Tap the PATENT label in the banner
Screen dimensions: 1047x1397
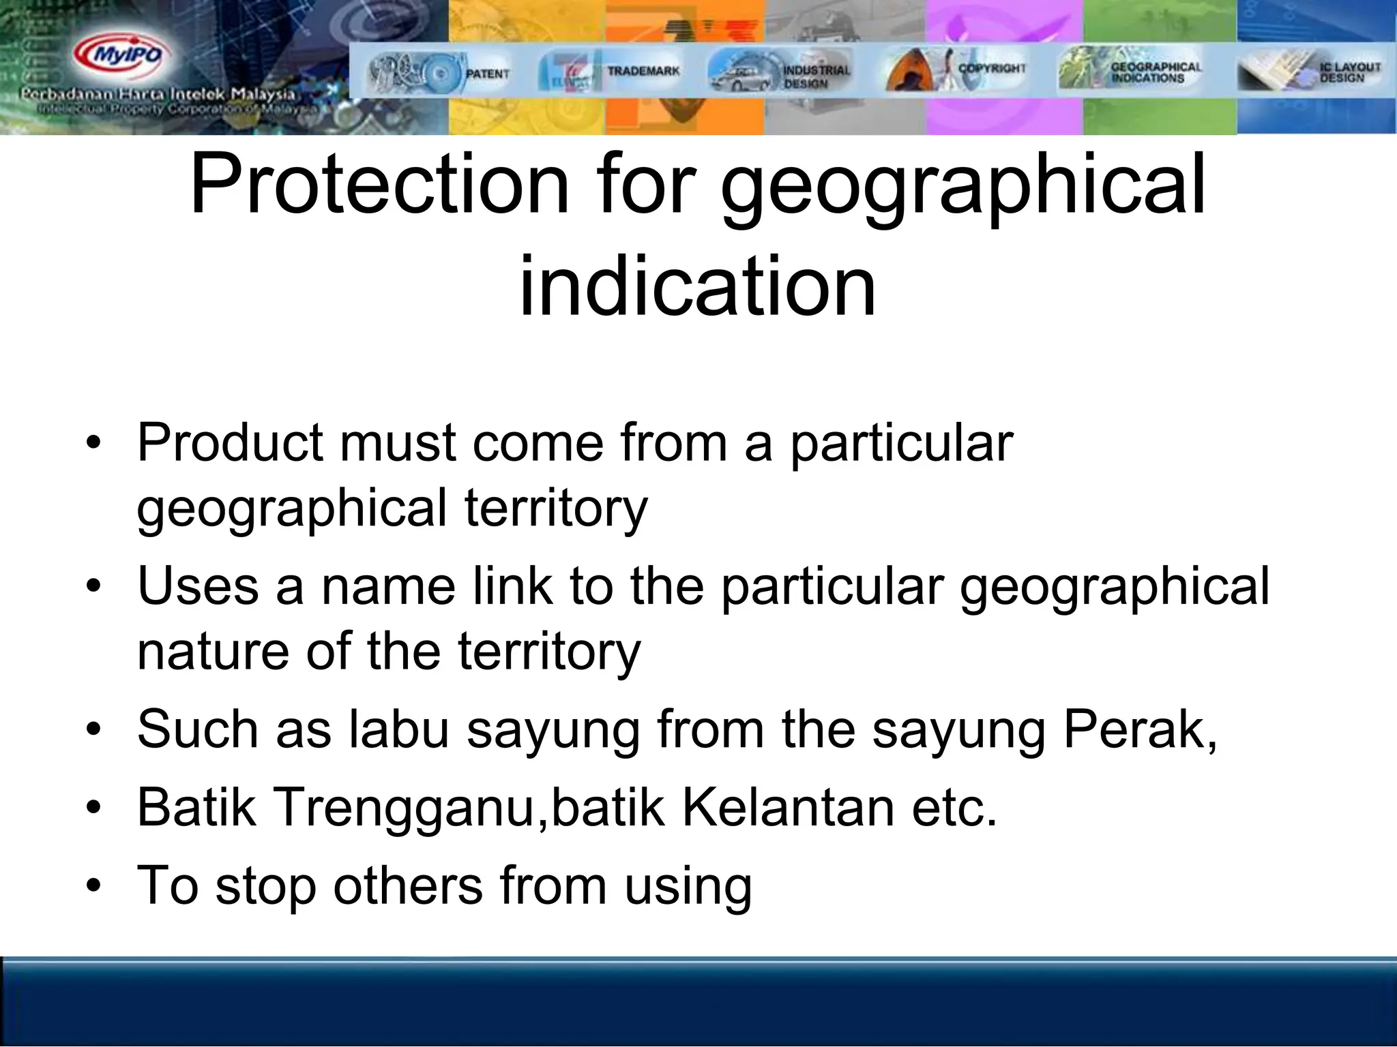[487, 74]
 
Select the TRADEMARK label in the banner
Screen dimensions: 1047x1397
[643, 71]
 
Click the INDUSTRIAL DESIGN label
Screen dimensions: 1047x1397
[816, 76]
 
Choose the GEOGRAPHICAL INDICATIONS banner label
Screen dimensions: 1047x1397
[1156, 72]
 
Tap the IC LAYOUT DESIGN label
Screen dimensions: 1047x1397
[1349, 72]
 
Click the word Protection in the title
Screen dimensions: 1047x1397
[379, 184]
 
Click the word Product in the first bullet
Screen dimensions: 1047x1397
[229, 443]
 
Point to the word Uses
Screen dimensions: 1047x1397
[198, 586]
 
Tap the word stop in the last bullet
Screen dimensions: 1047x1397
[265, 886]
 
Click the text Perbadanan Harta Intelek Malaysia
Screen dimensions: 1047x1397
[158, 94]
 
